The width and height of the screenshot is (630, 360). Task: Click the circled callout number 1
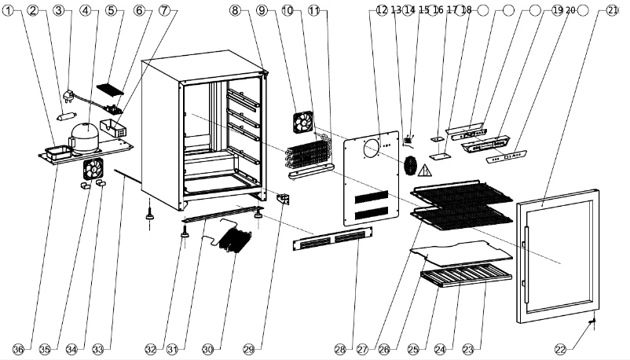[x=9, y=10]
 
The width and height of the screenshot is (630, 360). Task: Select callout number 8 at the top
[x=236, y=10]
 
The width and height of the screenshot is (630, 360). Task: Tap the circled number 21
[x=613, y=10]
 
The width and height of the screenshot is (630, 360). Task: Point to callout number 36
[x=17, y=348]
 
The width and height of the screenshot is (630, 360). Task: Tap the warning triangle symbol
[x=426, y=170]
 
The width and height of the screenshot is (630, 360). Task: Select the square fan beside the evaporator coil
[x=302, y=122]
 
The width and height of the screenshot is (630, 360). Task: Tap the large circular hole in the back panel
[x=371, y=149]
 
